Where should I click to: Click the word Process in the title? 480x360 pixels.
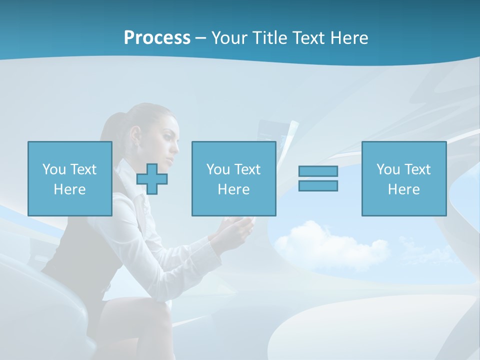click(x=157, y=38)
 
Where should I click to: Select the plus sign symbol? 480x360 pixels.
click(x=152, y=179)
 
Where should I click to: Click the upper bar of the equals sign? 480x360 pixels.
click(x=318, y=171)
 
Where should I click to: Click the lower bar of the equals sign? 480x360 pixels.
click(x=318, y=185)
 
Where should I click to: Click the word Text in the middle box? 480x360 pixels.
click(x=248, y=169)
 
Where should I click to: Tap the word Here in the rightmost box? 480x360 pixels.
click(x=403, y=189)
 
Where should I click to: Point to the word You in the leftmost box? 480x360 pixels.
click(x=54, y=169)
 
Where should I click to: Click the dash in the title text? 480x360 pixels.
click(x=201, y=38)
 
